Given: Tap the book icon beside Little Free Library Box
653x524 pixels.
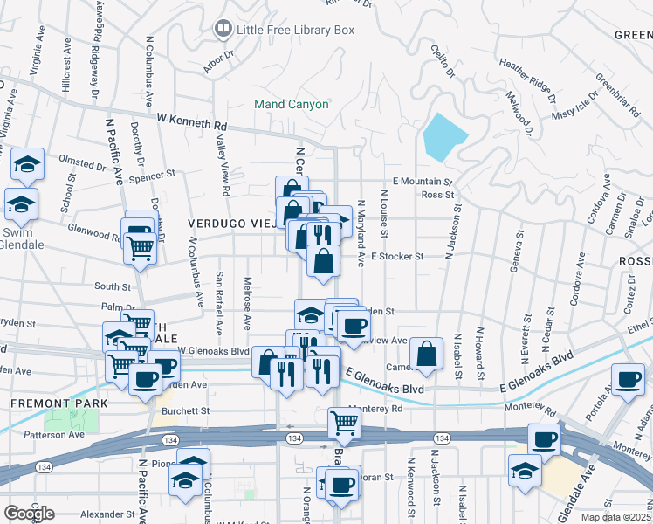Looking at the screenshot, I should [223, 30].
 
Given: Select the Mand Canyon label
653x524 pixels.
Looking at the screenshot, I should [292, 105].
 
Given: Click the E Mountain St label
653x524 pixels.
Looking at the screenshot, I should [422, 182].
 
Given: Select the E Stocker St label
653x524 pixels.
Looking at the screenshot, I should [396, 257].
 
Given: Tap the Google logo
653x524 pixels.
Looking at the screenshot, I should [29, 513].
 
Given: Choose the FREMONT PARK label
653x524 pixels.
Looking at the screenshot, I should [46, 403].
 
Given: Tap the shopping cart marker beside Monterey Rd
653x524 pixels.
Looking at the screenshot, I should [344, 424].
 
